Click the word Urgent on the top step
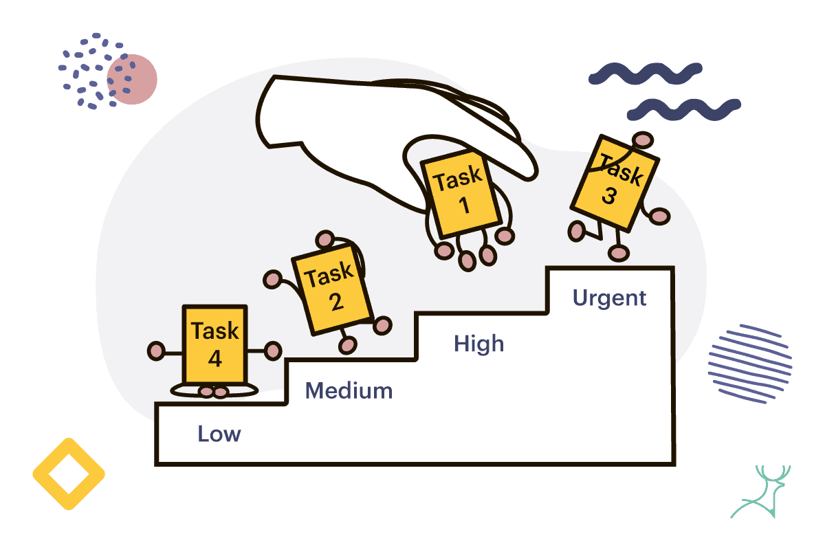click(609, 298)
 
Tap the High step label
click(478, 344)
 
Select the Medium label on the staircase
click(349, 390)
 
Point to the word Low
click(219, 434)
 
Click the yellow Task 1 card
click(461, 193)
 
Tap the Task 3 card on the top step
click(615, 184)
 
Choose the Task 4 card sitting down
click(214, 345)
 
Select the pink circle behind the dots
click(132, 79)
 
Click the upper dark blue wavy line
click(646, 74)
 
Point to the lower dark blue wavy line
click(684, 109)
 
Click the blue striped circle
click(750, 364)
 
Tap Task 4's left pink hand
click(156, 351)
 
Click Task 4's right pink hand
click(273, 351)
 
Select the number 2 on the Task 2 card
click(336, 302)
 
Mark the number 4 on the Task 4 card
click(215, 358)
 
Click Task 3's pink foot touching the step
click(618, 253)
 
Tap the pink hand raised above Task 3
click(643, 140)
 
